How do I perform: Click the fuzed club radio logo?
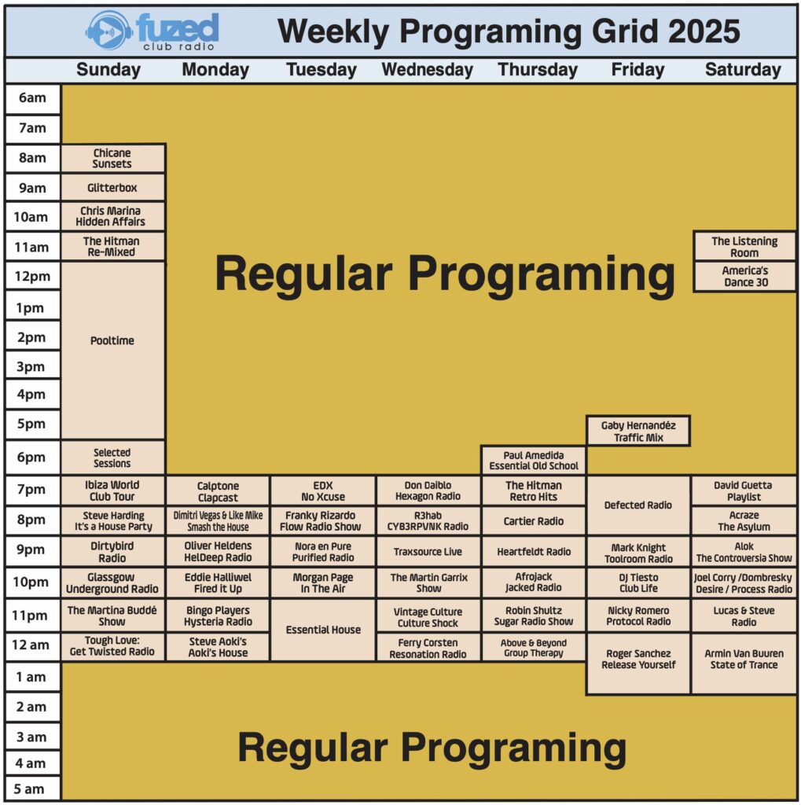click(x=152, y=31)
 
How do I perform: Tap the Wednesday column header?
click(x=427, y=69)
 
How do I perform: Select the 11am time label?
click(x=31, y=247)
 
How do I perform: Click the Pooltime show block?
click(x=112, y=351)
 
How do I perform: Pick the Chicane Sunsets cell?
click(x=112, y=158)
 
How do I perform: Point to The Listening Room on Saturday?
click(x=744, y=246)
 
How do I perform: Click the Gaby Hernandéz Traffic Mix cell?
click(x=638, y=431)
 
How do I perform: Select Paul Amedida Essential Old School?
click(x=534, y=460)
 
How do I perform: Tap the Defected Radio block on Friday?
click(x=638, y=505)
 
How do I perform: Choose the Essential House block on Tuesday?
click(x=323, y=630)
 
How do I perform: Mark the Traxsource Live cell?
click(x=428, y=551)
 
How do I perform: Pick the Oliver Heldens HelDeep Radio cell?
click(x=218, y=551)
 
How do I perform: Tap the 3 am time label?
click(x=31, y=737)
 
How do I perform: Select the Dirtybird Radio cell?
click(x=112, y=551)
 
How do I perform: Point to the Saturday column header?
click(x=743, y=69)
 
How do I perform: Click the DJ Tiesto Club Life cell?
click(x=638, y=583)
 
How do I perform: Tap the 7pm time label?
click(x=31, y=489)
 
